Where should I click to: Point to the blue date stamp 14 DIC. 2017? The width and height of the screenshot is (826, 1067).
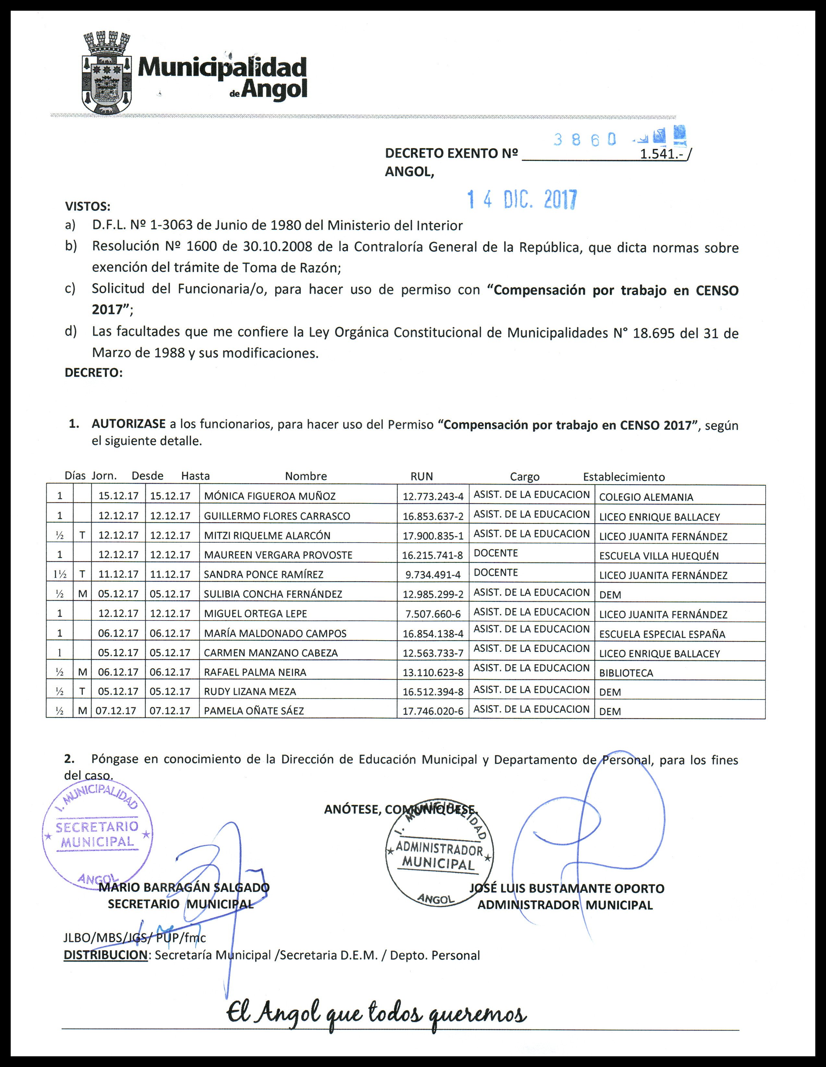[x=522, y=199]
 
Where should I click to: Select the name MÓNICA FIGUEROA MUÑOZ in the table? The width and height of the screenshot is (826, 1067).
[x=270, y=497]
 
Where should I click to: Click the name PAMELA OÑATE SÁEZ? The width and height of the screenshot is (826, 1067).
[x=254, y=711]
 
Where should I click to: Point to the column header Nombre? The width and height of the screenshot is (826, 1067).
[x=306, y=476]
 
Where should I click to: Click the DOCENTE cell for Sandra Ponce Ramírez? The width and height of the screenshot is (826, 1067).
[x=496, y=573]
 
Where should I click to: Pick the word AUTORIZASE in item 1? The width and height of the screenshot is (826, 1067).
[x=128, y=424]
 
